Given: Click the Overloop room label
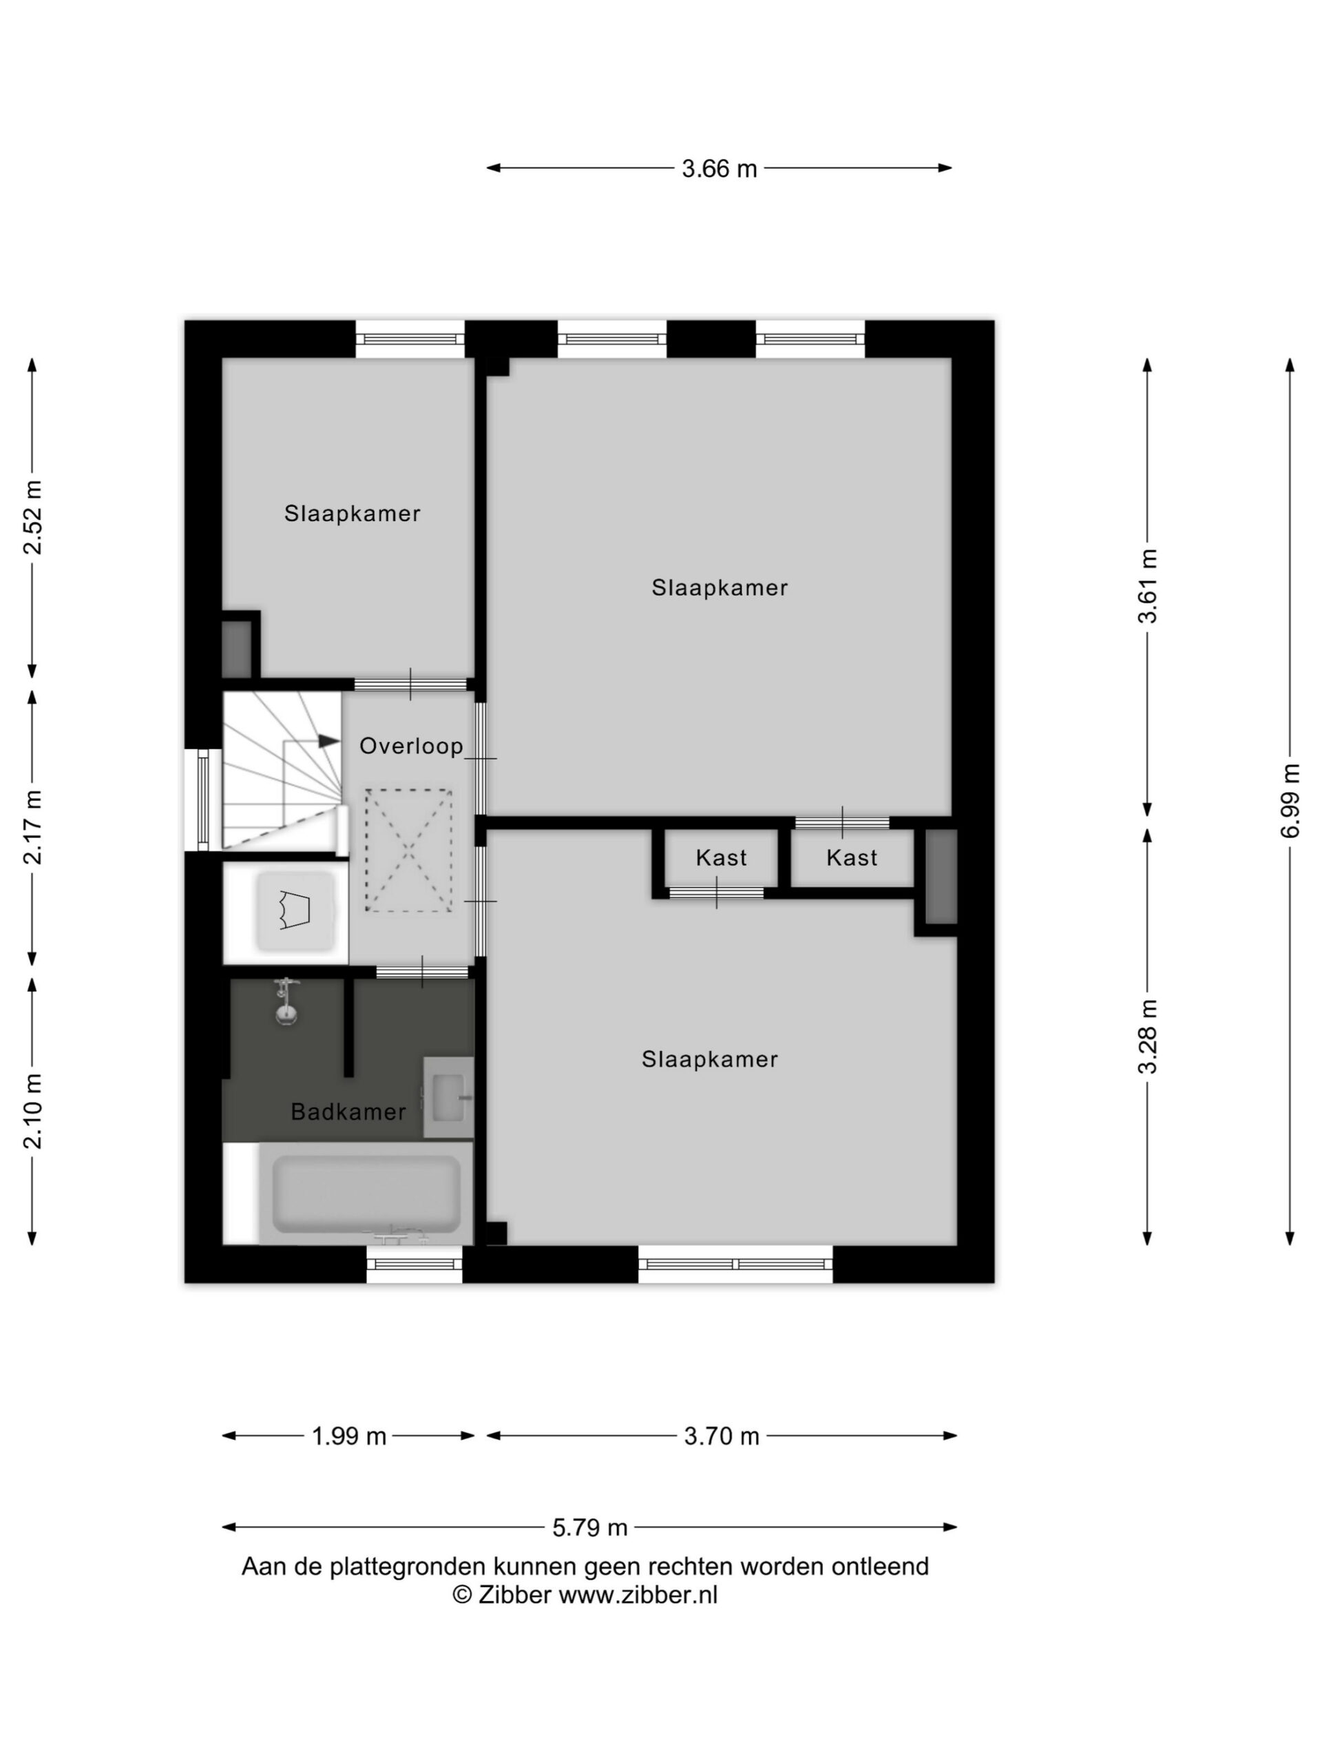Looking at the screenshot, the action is [x=410, y=746].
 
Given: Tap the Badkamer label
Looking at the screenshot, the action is [x=348, y=1111].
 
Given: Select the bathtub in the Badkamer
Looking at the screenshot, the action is [x=366, y=1193].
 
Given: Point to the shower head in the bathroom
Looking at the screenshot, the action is [x=285, y=1002].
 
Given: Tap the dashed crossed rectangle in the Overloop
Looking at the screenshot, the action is [x=408, y=851].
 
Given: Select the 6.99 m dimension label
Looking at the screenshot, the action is [x=1290, y=800].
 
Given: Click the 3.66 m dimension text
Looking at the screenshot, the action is [x=719, y=169].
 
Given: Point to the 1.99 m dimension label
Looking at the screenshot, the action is [x=348, y=1436].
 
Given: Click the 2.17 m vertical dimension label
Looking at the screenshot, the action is [x=32, y=826].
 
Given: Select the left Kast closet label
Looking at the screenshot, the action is [x=721, y=857].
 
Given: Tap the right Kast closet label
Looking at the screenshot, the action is [x=852, y=857].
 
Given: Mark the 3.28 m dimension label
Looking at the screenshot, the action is [x=1146, y=1036].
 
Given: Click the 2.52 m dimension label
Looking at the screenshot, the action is [x=32, y=517].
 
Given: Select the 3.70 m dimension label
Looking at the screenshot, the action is [x=721, y=1436].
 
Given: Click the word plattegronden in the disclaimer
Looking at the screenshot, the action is [x=396, y=1567].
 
